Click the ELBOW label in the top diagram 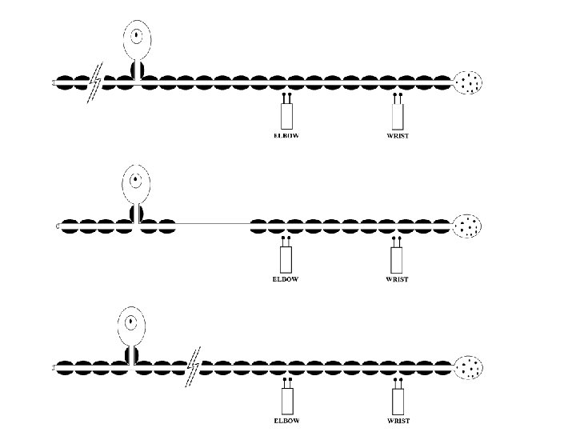[286, 135]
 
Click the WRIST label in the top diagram [397, 135]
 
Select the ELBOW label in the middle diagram [285, 279]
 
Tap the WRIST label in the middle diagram [397, 279]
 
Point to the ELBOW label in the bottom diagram [287, 419]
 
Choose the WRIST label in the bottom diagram [397, 419]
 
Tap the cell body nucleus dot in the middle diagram [138, 180]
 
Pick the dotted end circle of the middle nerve [468, 226]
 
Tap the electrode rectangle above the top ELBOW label [286, 114]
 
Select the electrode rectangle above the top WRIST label [397, 114]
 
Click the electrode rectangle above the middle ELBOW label [286, 258]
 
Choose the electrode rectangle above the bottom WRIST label [397, 400]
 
